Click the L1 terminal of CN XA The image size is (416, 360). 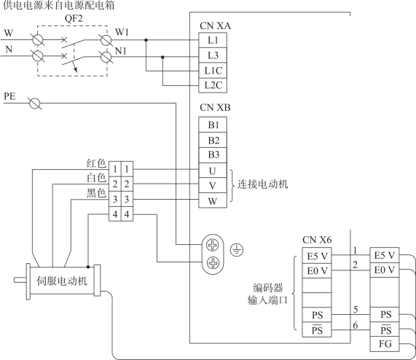pyautogui.click(x=213, y=40)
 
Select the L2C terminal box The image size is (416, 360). pyautogui.click(x=213, y=85)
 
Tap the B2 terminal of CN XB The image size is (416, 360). pyautogui.click(x=213, y=140)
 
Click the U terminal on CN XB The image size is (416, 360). pyautogui.click(x=213, y=171)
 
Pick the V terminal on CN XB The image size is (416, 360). pyautogui.click(x=213, y=185)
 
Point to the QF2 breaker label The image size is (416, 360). pyautogui.click(x=74, y=18)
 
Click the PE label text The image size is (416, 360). pyautogui.click(x=9, y=96)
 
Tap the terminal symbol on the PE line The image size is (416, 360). pyautogui.click(x=34, y=103)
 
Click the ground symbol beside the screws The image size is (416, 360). pyautogui.click(x=237, y=250)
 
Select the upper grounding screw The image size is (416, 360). pyautogui.click(x=213, y=246)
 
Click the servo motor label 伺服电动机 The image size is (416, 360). pyautogui.click(x=62, y=281)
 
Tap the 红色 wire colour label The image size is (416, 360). pyautogui.click(x=96, y=163)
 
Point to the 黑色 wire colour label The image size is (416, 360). pyautogui.click(x=96, y=193)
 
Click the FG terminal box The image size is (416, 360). pyautogui.click(x=385, y=344)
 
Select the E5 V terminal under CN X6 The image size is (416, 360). pyautogui.click(x=317, y=256)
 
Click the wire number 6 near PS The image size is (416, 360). pyautogui.click(x=356, y=325)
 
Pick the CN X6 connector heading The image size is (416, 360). pyautogui.click(x=317, y=240)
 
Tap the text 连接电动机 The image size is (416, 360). pyautogui.click(x=262, y=184)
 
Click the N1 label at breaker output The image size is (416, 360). pyautogui.click(x=121, y=51)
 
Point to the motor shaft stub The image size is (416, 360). pyautogui.click(x=20, y=280)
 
